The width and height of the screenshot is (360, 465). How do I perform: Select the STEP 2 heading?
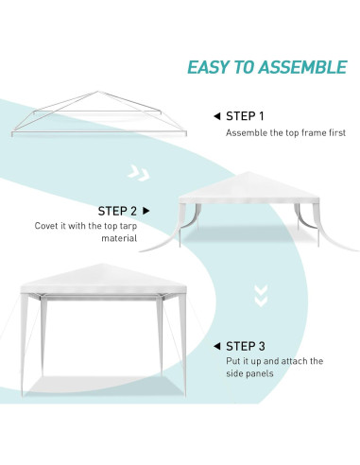pos(118,210)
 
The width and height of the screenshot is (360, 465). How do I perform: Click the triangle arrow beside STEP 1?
pos(217,116)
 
